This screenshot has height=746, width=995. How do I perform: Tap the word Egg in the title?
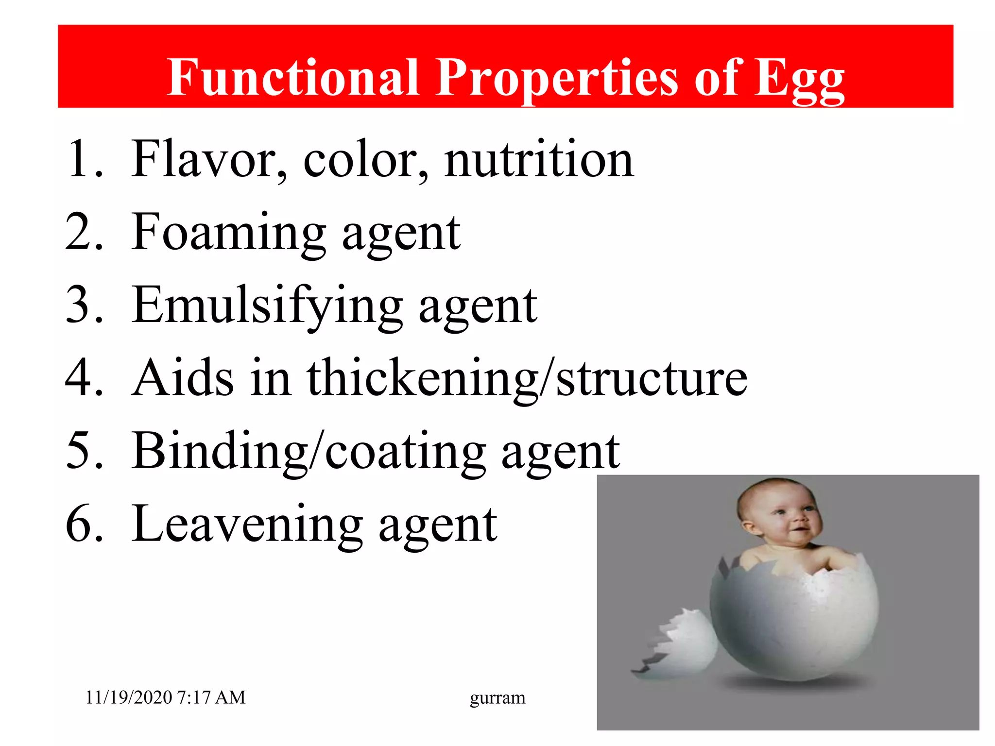tap(799, 80)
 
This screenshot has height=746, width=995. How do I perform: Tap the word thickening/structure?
tap(527, 379)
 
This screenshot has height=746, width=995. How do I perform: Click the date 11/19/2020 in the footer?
tap(129, 697)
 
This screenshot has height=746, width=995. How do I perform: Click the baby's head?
tap(777, 515)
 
